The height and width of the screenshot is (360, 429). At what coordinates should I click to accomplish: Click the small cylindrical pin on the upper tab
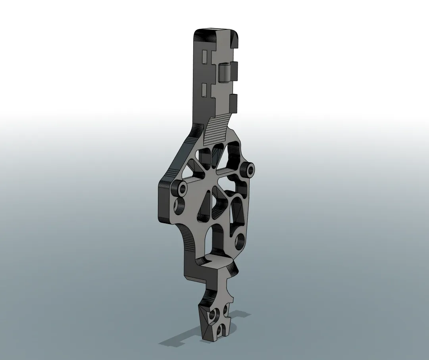point(224,72)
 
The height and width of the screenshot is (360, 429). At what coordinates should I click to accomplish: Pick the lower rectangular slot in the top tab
point(205,90)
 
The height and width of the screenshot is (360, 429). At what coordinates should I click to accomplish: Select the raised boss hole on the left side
point(183,189)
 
